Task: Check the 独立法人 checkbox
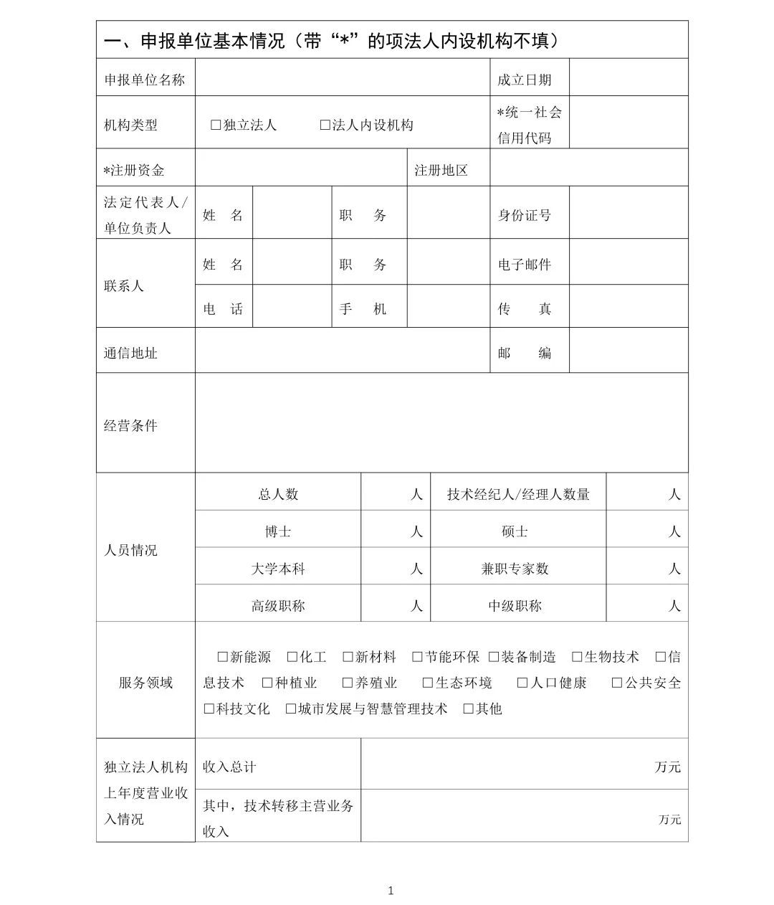[x=216, y=125]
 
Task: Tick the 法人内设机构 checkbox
[x=325, y=125]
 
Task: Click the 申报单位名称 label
[x=145, y=80]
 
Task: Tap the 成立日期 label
[x=525, y=80]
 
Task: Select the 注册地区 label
[x=441, y=170]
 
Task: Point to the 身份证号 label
[x=525, y=214]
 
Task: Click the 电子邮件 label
[x=525, y=264]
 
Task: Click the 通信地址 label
[x=130, y=353]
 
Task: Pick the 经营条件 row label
[x=130, y=425]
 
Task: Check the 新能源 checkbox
[x=222, y=656]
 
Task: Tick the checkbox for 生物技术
[x=577, y=656]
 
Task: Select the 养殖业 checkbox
[x=348, y=683]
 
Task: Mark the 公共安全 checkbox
[x=616, y=683]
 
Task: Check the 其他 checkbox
[x=468, y=709]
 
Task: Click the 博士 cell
[x=278, y=531]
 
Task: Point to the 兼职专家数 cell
[x=515, y=569]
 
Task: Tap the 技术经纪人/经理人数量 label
[x=518, y=494]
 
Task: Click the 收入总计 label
[x=229, y=767]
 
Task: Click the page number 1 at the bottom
[x=391, y=891]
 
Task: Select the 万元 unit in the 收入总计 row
[x=667, y=767]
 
